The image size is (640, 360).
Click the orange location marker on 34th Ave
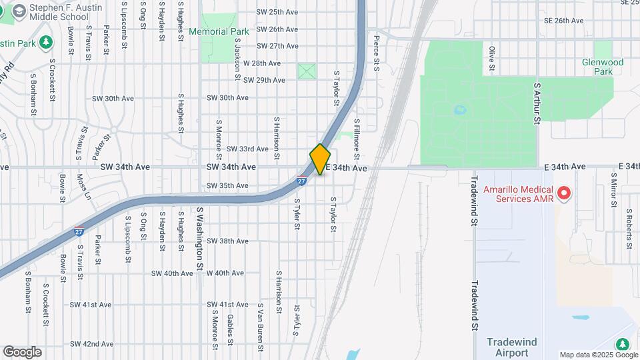point(320,159)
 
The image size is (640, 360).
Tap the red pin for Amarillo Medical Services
point(565,193)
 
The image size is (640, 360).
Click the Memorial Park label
point(219,31)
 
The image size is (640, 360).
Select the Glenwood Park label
point(602,67)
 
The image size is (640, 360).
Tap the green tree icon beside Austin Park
point(46,43)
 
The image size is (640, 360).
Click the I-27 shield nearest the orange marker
point(302,180)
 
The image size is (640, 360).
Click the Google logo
point(21,352)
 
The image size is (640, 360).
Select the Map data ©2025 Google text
point(597,355)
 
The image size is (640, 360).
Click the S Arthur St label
point(536,104)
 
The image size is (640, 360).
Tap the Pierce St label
point(376,54)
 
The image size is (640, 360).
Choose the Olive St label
point(492,59)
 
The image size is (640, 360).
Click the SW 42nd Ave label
point(91,344)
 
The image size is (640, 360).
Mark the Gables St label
point(229,327)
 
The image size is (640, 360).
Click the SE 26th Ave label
point(563,21)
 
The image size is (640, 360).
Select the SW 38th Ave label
point(227,241)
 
